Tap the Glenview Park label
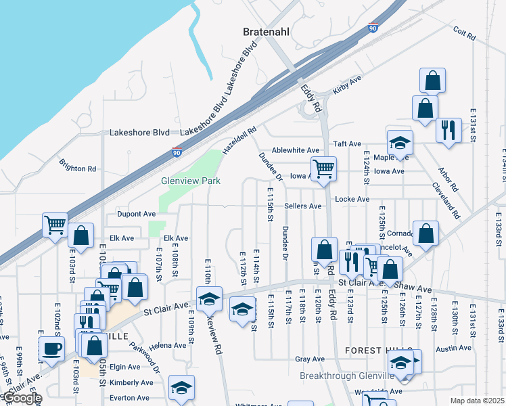pos(191,181)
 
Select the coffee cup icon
pos(52,350)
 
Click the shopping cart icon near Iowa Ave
pos(324,169)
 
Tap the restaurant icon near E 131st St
pos(448,130)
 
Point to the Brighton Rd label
pos(78,164)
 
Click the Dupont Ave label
pos(137,214)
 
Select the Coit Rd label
pos(466,32)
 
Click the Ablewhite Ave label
pos(295,150)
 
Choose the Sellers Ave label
pos(302,206)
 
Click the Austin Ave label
pos(453,348)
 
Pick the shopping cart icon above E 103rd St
pos(54,225)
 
